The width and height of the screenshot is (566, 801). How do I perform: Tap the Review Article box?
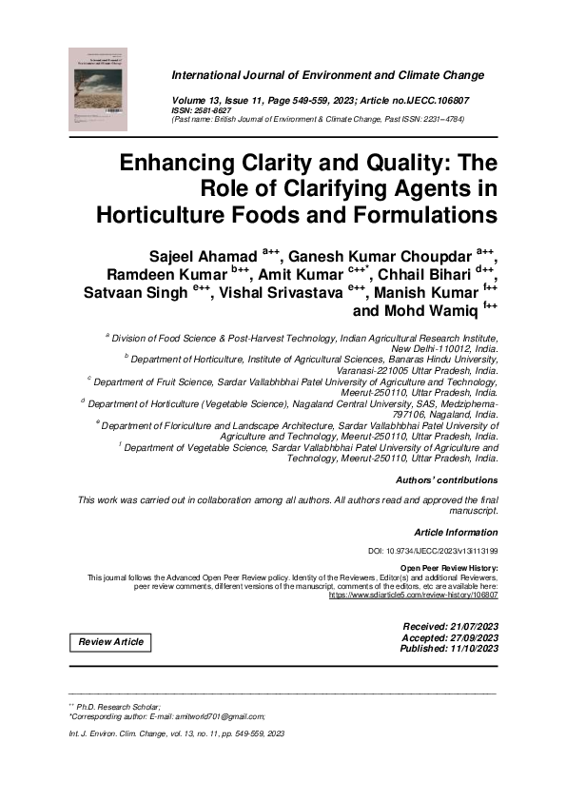[x=111, y=642]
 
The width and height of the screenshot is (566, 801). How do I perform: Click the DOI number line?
[x=432, y=552]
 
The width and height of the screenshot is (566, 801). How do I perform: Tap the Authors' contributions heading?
[x=445, y=480]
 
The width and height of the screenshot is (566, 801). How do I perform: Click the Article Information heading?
[x=456, y=533]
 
